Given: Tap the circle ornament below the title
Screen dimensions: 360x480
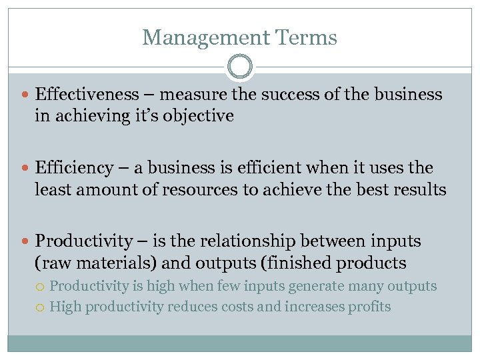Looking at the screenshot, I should (x=240, y=67).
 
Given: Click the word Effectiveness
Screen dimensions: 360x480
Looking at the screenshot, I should (x=87, y=94).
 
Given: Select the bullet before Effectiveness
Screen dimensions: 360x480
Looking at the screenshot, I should (x=27, y=95).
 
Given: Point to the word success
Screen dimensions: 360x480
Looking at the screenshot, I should (x=288, y=94).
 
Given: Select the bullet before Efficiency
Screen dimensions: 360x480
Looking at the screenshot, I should (x=27, y=168).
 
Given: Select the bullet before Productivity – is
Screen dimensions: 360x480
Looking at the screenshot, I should (x=27, y=241).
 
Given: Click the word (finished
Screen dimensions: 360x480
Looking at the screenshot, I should (x=299, y=263).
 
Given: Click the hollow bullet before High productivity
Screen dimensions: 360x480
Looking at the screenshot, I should (x=41, y=307).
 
